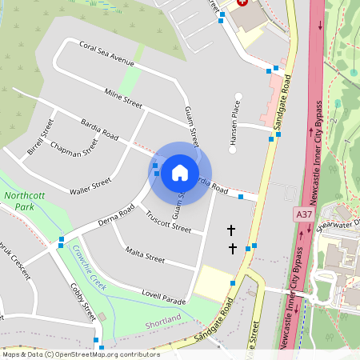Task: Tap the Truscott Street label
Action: tap(169, 222)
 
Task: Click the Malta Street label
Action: tap(145, 257)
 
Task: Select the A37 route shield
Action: tap(304, 214)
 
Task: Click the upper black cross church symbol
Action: tap(232, 230)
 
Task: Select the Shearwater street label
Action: tap(339, 225)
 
